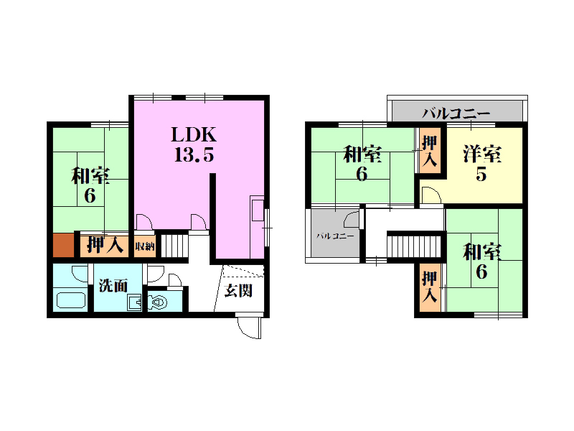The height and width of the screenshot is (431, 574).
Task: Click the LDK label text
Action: point(194,135)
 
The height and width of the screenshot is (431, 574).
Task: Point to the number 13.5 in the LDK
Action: point(194,154)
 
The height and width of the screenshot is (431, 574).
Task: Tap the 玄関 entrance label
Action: point(238,291)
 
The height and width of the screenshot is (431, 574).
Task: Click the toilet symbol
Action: point(158,302)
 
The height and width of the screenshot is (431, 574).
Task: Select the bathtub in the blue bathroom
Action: point(71,300)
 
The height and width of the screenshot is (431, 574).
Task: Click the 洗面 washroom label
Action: point(113,285)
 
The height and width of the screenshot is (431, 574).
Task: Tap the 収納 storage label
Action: point(145,246)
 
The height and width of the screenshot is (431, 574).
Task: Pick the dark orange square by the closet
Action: point(64,245)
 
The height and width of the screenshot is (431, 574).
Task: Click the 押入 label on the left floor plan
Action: point(105,244)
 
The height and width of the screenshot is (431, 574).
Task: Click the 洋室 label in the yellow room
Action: point(481,154)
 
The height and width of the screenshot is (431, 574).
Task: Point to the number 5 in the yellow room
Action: point(481,174)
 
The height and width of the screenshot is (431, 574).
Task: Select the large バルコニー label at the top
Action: point(456,113)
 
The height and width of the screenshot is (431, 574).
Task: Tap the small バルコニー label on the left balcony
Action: point(335,236)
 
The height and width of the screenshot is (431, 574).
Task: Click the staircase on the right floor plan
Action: point(414,246)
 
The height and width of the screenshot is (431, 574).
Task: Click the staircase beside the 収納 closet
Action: point(174,246)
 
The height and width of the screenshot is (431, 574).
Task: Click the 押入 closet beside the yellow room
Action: point(429,150)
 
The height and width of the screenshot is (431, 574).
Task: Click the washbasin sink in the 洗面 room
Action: point(134,302)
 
